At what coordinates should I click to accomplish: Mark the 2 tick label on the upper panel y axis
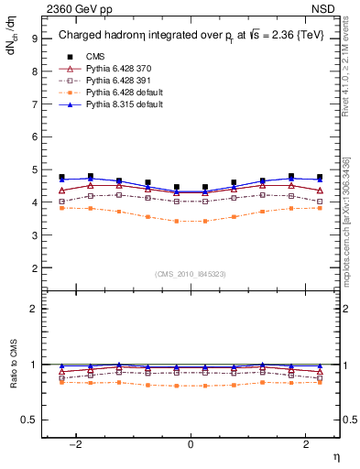35,268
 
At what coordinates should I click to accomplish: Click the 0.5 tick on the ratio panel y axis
31,420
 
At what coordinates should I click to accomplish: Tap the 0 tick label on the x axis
191,444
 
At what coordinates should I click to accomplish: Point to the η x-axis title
335,456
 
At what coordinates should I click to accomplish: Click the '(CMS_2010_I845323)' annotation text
191,274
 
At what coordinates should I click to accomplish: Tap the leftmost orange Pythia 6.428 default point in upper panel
61,208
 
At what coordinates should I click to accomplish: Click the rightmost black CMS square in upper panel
320,177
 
